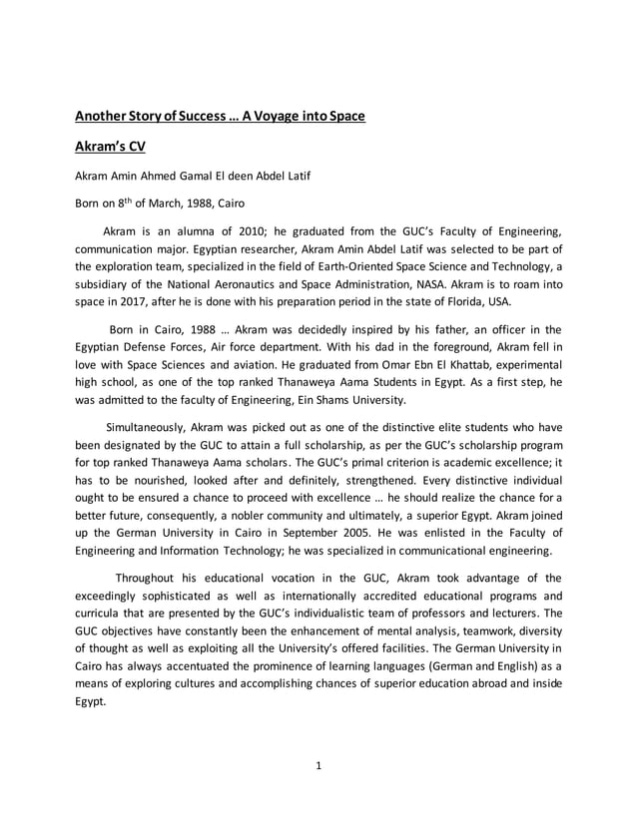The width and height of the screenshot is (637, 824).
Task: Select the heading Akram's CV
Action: [111, 147]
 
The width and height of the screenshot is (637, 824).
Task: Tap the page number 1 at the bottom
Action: [318, 765]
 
